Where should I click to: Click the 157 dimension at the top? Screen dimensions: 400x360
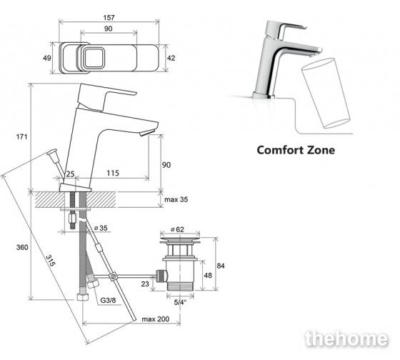(109, 17)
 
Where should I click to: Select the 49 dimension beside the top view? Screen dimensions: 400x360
(47, 58)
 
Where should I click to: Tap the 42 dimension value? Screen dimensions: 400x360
(171, 58)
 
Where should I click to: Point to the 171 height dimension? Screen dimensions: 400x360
(21, 136)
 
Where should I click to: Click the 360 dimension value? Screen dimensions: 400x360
(22, 247)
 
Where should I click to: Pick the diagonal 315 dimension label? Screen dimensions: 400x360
(50, 261)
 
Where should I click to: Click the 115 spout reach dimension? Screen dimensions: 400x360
(113, 173)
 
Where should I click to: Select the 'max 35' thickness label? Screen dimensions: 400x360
(176, 199)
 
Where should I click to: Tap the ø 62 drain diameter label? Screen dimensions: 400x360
(177, 229)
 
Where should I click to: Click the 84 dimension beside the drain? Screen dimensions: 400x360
(221, 266)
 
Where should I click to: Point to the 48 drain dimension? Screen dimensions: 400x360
(208, 275)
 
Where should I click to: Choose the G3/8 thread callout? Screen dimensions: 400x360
(108, 300)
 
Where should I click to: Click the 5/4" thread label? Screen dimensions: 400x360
(180, 302)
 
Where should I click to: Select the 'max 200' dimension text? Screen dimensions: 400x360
(156, 319)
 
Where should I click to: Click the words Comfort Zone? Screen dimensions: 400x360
(296, 150)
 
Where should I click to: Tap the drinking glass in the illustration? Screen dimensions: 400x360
(326, 93)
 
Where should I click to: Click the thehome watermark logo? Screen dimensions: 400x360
(346, 339)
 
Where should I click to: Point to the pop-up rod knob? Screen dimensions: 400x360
(52, 152)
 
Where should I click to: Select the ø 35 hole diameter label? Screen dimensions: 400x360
(101, 228)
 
